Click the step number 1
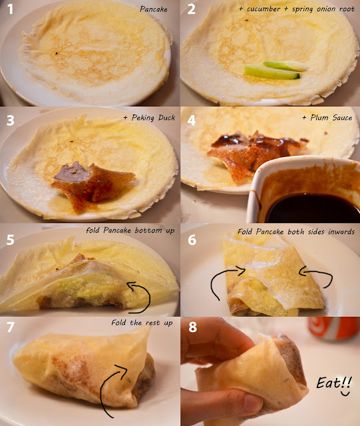pyautogui.click(x=10, y=9)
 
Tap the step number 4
pyautogui.click(x=191, y=120)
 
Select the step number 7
pyautogui.click(x=11, y=327)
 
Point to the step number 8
pyautogui.click(x=192, y=327)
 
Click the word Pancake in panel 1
pyautogui.click(x=154, y=9)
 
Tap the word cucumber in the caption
pyautogui.click(x=264, y=9)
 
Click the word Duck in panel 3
pyautogui.click(x=166, y=117)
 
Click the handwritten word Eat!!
pyautogui.click(x=334, y=383)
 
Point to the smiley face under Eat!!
pyautogui.click(x=345, y=393)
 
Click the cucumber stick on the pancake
pyautogui.click(x=271, y=73)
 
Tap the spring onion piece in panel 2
pyautogui.click(x=285, y=66)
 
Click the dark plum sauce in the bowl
pyautogui.click(x=313, y=208)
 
